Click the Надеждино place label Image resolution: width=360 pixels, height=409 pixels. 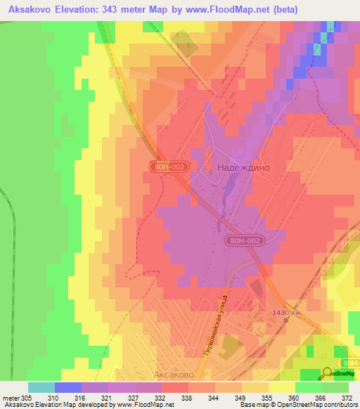[243, 169]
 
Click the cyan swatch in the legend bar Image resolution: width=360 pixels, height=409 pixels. [41, 387]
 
